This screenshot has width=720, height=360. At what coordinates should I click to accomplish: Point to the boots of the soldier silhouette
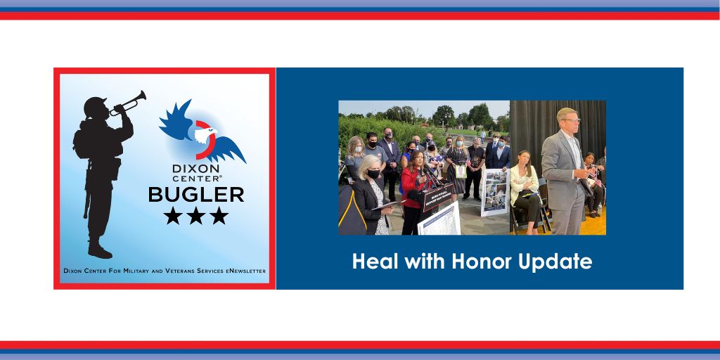[x=100, y=250]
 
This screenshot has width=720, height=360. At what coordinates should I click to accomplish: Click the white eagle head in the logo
[x=205, y=134]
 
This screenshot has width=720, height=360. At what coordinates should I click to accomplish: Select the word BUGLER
[x=196, y=195]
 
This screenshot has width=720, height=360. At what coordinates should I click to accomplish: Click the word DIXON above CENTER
[x=196, y=169]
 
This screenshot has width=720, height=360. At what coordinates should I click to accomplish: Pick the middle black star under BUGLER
[x=196, y=215]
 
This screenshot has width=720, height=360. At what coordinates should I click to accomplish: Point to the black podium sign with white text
[x=436, y=196]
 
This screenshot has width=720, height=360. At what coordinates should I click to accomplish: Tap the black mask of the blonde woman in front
[x=373, y=174]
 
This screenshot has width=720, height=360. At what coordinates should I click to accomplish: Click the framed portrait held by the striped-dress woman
[x=461, y=172]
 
